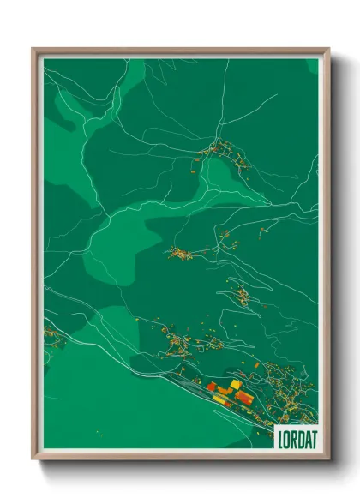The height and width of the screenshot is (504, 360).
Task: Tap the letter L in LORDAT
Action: (x=279, y=436)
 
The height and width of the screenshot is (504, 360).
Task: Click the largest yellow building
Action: (x=235, y=385)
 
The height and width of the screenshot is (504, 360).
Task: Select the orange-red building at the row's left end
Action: (x=211, y=387)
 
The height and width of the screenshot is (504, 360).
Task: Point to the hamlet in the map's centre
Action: (x=181, y=253)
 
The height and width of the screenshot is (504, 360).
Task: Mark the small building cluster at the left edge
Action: (x=53, y=336)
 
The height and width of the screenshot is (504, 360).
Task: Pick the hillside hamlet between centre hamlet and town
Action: (x=243, y=296)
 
